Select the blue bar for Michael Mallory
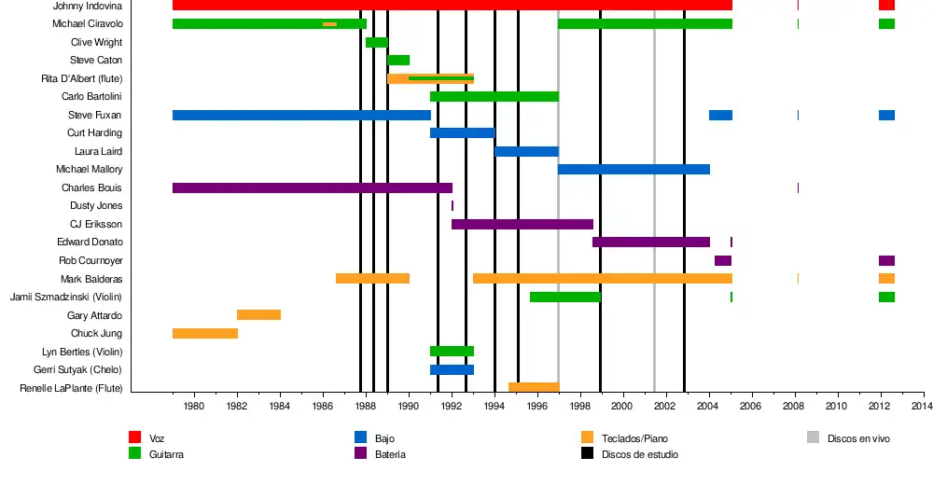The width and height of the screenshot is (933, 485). click(634, 170)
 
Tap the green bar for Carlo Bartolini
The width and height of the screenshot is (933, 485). click(494, 97)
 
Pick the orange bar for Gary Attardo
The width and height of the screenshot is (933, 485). click(258, 315)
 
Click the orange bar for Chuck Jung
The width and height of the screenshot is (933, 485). click(205, 333)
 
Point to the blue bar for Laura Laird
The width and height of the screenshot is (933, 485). click(526, 151)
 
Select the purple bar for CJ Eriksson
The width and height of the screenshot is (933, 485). click(522, 224)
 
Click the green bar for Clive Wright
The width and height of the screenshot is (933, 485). click(376, 42)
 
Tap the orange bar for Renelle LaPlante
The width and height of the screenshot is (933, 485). click(533, 387)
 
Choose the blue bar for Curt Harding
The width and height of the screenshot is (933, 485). click(462, 133)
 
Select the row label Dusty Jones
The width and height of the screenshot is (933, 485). click(96, 206)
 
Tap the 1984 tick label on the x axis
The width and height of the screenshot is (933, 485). click(280, 408)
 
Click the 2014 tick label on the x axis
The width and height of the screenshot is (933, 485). click(922, 408)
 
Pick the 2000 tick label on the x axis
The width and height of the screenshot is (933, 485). click(622, 408)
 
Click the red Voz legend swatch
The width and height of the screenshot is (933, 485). click(134, 437)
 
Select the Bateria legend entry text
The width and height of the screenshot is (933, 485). click(390, 455)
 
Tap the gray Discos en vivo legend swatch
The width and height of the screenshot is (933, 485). click(813, 437)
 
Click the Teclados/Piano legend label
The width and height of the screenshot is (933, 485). click(634, 438)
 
